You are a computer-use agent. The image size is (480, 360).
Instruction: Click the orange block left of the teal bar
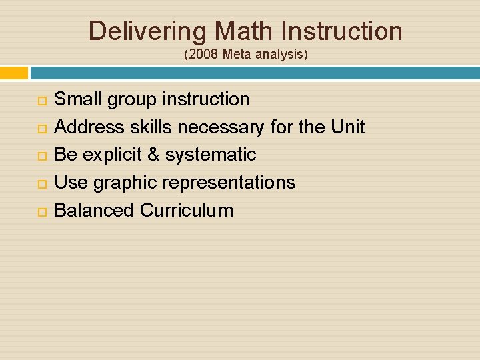point(14,73)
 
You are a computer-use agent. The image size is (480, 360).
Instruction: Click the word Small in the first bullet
point(77,100)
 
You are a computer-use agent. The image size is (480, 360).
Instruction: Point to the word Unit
point(347,127)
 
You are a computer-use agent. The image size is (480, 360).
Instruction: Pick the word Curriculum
point(187,211)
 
